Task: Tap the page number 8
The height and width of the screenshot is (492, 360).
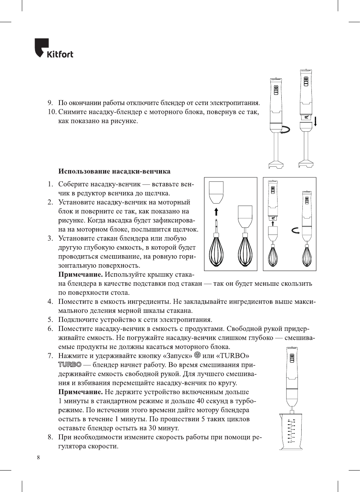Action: click(x=38, y=457)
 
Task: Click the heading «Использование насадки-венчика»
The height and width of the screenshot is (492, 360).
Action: click(x=114, y=171)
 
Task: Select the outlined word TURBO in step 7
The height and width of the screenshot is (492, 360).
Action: click(x=70, y=364)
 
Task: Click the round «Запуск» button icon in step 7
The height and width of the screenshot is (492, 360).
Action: click(x=197, y=355)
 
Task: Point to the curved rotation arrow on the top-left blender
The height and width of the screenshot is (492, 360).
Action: click(x=287, y=129)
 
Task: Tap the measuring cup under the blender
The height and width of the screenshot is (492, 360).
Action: click(x=291, y=431)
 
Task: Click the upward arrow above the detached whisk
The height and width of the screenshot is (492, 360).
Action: click(x=216, y=210)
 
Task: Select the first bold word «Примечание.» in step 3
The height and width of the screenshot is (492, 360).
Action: click(x=80, y=274)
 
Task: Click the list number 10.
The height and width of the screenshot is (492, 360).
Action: click(x=52, y=112)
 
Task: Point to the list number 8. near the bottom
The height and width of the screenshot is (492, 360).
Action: click(x=50, y=437)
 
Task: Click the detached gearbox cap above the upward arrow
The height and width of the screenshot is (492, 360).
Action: click(x=216, y=192)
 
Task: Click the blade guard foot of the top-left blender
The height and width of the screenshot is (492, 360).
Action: click(x=276, y=164)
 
